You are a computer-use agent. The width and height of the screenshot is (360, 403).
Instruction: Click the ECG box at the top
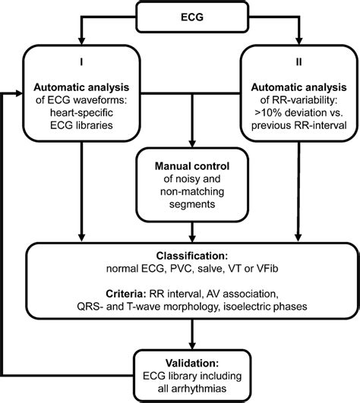(180, 14)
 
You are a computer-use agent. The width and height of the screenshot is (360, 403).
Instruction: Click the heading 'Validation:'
(180, 363)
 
